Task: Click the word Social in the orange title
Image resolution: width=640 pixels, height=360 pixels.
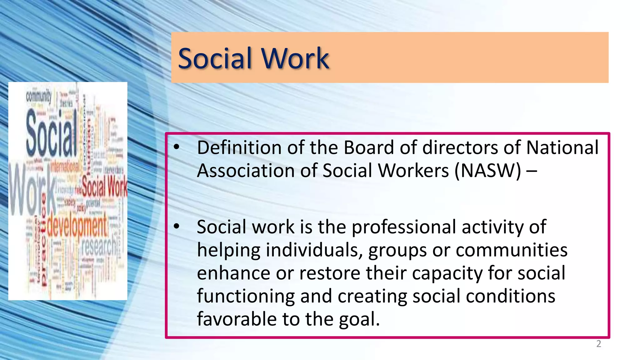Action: point(215,58)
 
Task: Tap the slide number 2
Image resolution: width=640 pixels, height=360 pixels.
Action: point(598,344)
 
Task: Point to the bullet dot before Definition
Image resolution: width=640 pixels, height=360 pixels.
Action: point(177,147)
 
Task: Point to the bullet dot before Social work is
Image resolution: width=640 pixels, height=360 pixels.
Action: point(177,226)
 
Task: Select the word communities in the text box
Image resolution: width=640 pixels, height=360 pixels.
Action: point(511,250)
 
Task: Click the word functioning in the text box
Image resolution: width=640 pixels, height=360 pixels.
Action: point(246,296)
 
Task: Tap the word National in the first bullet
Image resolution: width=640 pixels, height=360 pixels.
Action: point(562,147)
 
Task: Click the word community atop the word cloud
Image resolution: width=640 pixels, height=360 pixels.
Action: point(38,96)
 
